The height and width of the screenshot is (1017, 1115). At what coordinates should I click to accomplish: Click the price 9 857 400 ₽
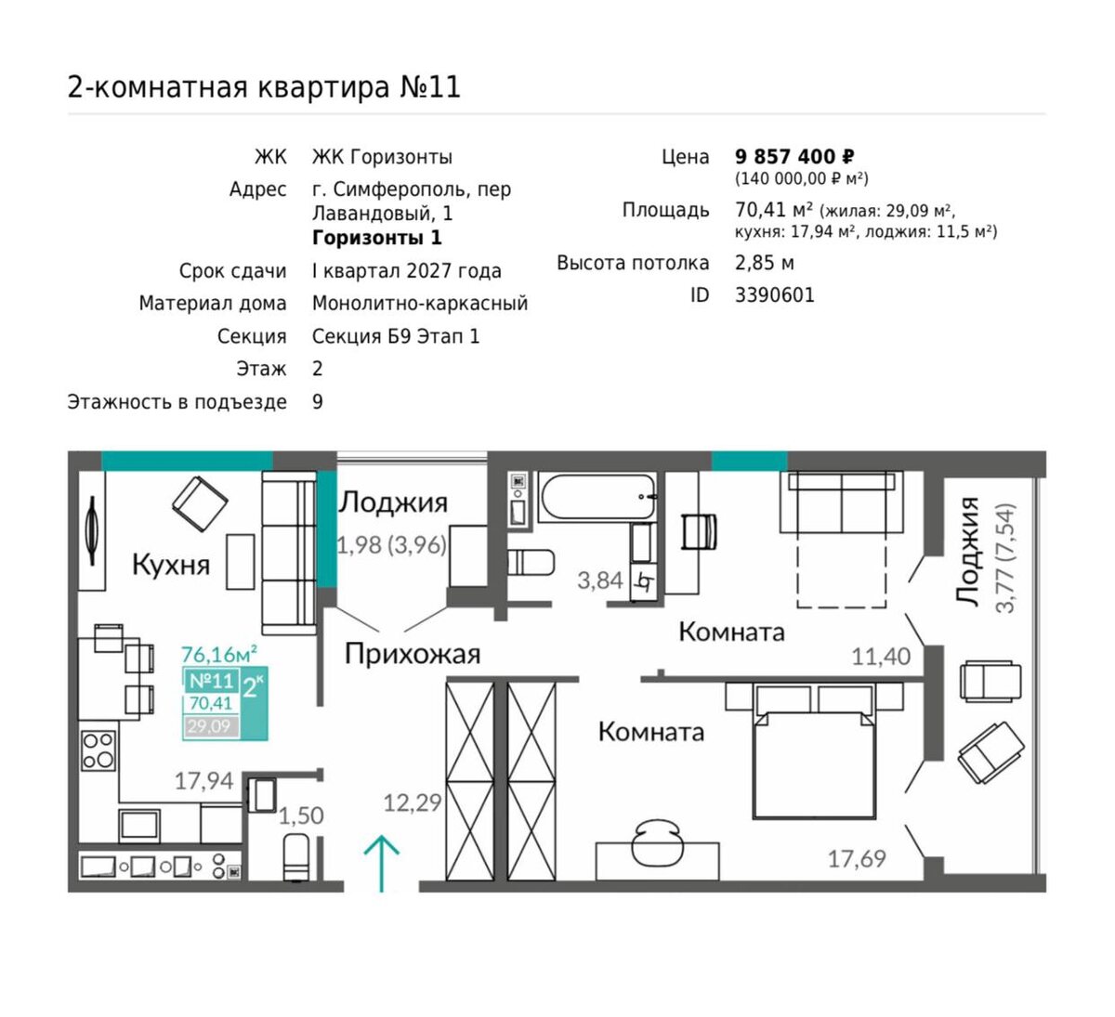[794, 157]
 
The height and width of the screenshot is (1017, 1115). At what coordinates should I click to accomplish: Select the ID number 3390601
[774, 295]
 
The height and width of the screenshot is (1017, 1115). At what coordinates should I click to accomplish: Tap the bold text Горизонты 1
[377, 238]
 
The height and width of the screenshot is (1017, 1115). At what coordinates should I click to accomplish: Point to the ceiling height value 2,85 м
[765, 262]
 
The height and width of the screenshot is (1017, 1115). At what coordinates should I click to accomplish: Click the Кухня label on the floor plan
[171, 565]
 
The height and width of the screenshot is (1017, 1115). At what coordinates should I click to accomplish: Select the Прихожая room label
[412, 654]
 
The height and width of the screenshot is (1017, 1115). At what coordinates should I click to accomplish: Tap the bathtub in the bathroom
[597, 496]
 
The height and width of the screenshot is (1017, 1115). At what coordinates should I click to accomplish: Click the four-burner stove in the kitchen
[98, 750]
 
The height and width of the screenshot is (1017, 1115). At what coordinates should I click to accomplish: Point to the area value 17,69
[857, 858]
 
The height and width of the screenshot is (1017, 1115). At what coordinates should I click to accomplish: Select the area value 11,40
[881, 657]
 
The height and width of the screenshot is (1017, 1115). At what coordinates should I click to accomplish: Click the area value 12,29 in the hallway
[413, 803]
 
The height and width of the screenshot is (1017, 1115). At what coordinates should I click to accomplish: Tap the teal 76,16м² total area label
[219, 655]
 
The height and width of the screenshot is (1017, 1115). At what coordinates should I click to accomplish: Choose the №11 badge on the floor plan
[211, 680]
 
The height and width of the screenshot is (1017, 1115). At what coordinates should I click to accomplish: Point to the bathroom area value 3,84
[599, 580]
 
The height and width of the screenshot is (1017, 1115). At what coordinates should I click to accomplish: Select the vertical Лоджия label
[966, 550]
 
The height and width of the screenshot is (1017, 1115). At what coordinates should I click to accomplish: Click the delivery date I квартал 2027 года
[407, 271]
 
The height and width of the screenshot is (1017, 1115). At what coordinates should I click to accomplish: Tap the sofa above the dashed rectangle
[842, 502]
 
